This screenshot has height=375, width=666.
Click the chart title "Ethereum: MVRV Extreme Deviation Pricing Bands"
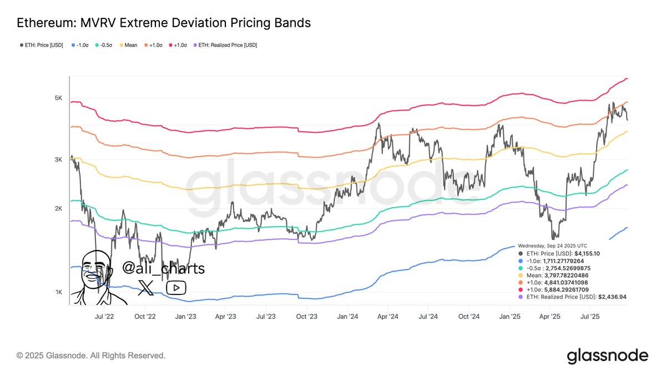click(x=164, y=23)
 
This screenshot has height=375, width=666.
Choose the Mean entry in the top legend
click(x=129, y=45)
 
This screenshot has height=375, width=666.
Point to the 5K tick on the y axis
click(x=58, y=98)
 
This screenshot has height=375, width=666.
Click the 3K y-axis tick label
click(x=58, y=160)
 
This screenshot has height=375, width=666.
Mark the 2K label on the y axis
click(x=58, y=209)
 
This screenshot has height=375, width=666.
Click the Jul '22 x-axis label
click(x=105, y=317)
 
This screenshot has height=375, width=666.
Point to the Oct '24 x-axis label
click(x=469, y=317)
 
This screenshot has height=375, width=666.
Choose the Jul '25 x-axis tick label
click(x=589, y=317)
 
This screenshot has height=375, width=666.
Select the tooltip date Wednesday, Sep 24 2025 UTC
click(x=552, y=246)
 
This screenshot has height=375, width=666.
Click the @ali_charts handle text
click(x=163, y=269)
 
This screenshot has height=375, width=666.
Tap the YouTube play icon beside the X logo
click(x=176, y=287)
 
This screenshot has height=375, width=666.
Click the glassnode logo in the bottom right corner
click(x=607, y=356)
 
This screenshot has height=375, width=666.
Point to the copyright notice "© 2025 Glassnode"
click(x=91, y=356)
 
